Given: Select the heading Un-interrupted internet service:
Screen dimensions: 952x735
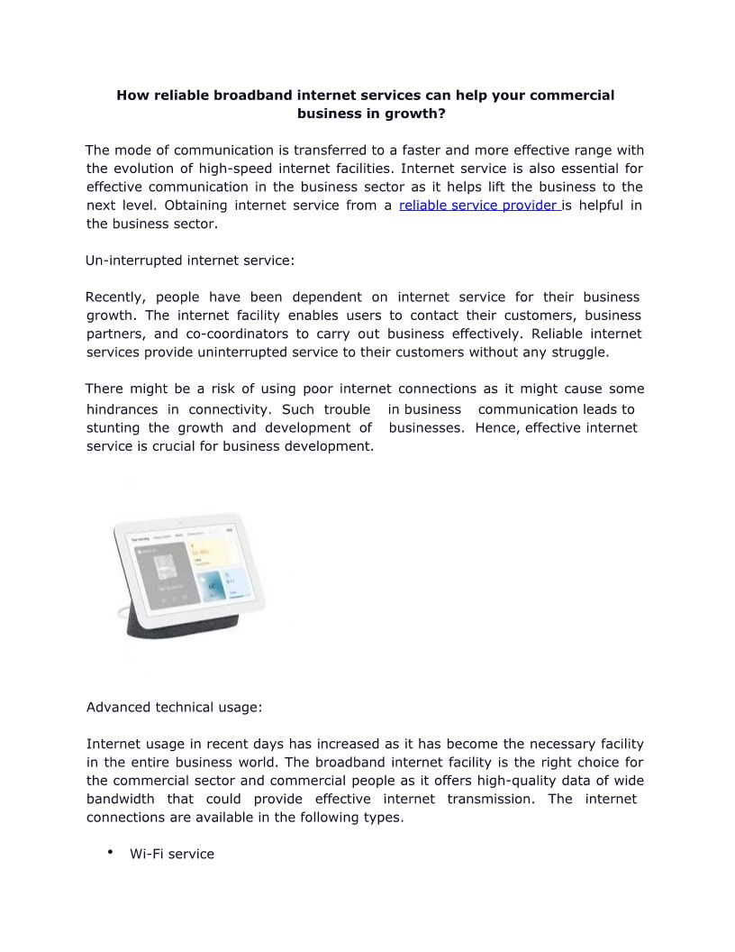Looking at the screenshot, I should click(x=190, y=261).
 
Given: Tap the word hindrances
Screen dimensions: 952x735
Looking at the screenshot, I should click(x=122, y=409).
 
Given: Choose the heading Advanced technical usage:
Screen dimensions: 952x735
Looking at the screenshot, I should click(x=174, y=708).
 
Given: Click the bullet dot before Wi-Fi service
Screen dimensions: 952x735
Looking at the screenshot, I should click(x=109, y=852).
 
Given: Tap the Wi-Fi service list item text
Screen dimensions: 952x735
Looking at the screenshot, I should click(x=172, y=854).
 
